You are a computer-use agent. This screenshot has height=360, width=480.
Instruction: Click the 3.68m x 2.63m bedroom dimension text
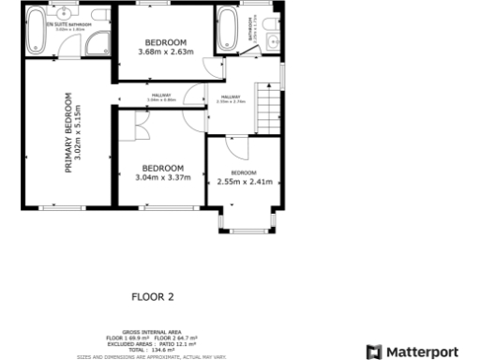(x=165, y=52)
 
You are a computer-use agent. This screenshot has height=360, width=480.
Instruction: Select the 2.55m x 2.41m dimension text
(x=244, y=182)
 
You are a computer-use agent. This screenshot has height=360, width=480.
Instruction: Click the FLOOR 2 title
(x=153, y=296)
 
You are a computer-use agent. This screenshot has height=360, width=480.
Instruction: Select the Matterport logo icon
(x=373, y=352)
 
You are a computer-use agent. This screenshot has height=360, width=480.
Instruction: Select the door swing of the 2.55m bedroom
(x=235, y=145)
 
